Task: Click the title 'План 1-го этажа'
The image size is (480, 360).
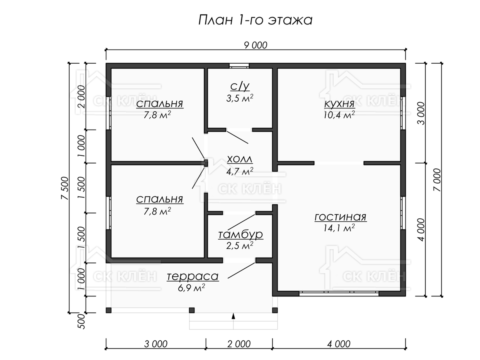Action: [x=255, y=20]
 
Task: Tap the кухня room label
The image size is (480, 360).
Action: [x=339, y=104]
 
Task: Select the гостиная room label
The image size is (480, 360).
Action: [x=340, y=217]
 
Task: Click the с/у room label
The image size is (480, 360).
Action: [x=240, y=86]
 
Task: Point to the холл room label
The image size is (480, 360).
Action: [x=240, y=159]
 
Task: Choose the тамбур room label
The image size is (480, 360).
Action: [x=240, y=234]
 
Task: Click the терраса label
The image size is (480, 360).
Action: [x=193, y=276]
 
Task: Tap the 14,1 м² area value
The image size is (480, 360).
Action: [x=339, y=228]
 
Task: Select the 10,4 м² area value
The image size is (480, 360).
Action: [x=339, y=115]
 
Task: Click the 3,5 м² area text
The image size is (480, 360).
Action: [x=240, y=98]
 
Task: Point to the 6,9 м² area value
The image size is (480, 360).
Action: [x=191, y=288]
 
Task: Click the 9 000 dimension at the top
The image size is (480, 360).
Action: [x=256, y=45]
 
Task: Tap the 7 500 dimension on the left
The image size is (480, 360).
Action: [x=65, y=188]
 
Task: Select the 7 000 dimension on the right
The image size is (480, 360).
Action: [x=437, y=180]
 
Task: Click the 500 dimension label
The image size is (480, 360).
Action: [x=81, y=321]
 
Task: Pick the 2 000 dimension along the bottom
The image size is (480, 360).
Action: [x=239, y=344]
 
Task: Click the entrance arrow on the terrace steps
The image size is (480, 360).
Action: [x=233, y=316]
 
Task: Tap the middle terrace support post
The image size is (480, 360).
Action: [x=192, y=310]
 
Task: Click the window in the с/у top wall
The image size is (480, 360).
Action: [x=239, y=66]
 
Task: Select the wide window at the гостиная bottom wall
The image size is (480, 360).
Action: [x=339, y=293]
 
